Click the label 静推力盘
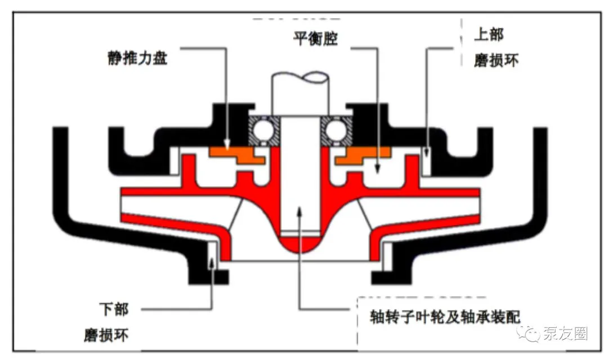(138, 58)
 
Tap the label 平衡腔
(315, 38)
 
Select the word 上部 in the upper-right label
(489, 34)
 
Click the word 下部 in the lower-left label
(114, 309)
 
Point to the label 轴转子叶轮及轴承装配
(445, 317)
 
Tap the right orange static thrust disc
(363, 155)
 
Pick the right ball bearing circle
(336, 130)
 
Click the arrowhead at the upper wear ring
(427, 152)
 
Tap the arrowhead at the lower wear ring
(211, 263)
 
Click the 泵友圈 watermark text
(565, 333)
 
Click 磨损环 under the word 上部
(496, 60)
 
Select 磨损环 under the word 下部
(106, 335)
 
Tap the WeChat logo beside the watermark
(529, 333)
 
